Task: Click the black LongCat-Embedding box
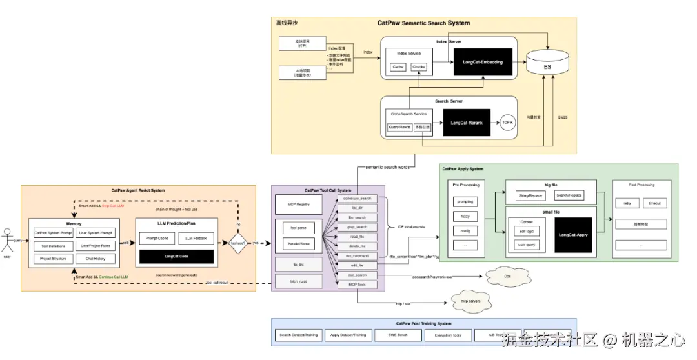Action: point(483,62)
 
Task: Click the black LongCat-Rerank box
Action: point(467,121)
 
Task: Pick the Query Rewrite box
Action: point(399,128)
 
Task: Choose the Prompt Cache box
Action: point(152,239)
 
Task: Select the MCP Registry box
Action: point(294,205)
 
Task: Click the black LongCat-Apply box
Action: point(574,235)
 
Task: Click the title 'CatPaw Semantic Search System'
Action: point(423,23)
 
